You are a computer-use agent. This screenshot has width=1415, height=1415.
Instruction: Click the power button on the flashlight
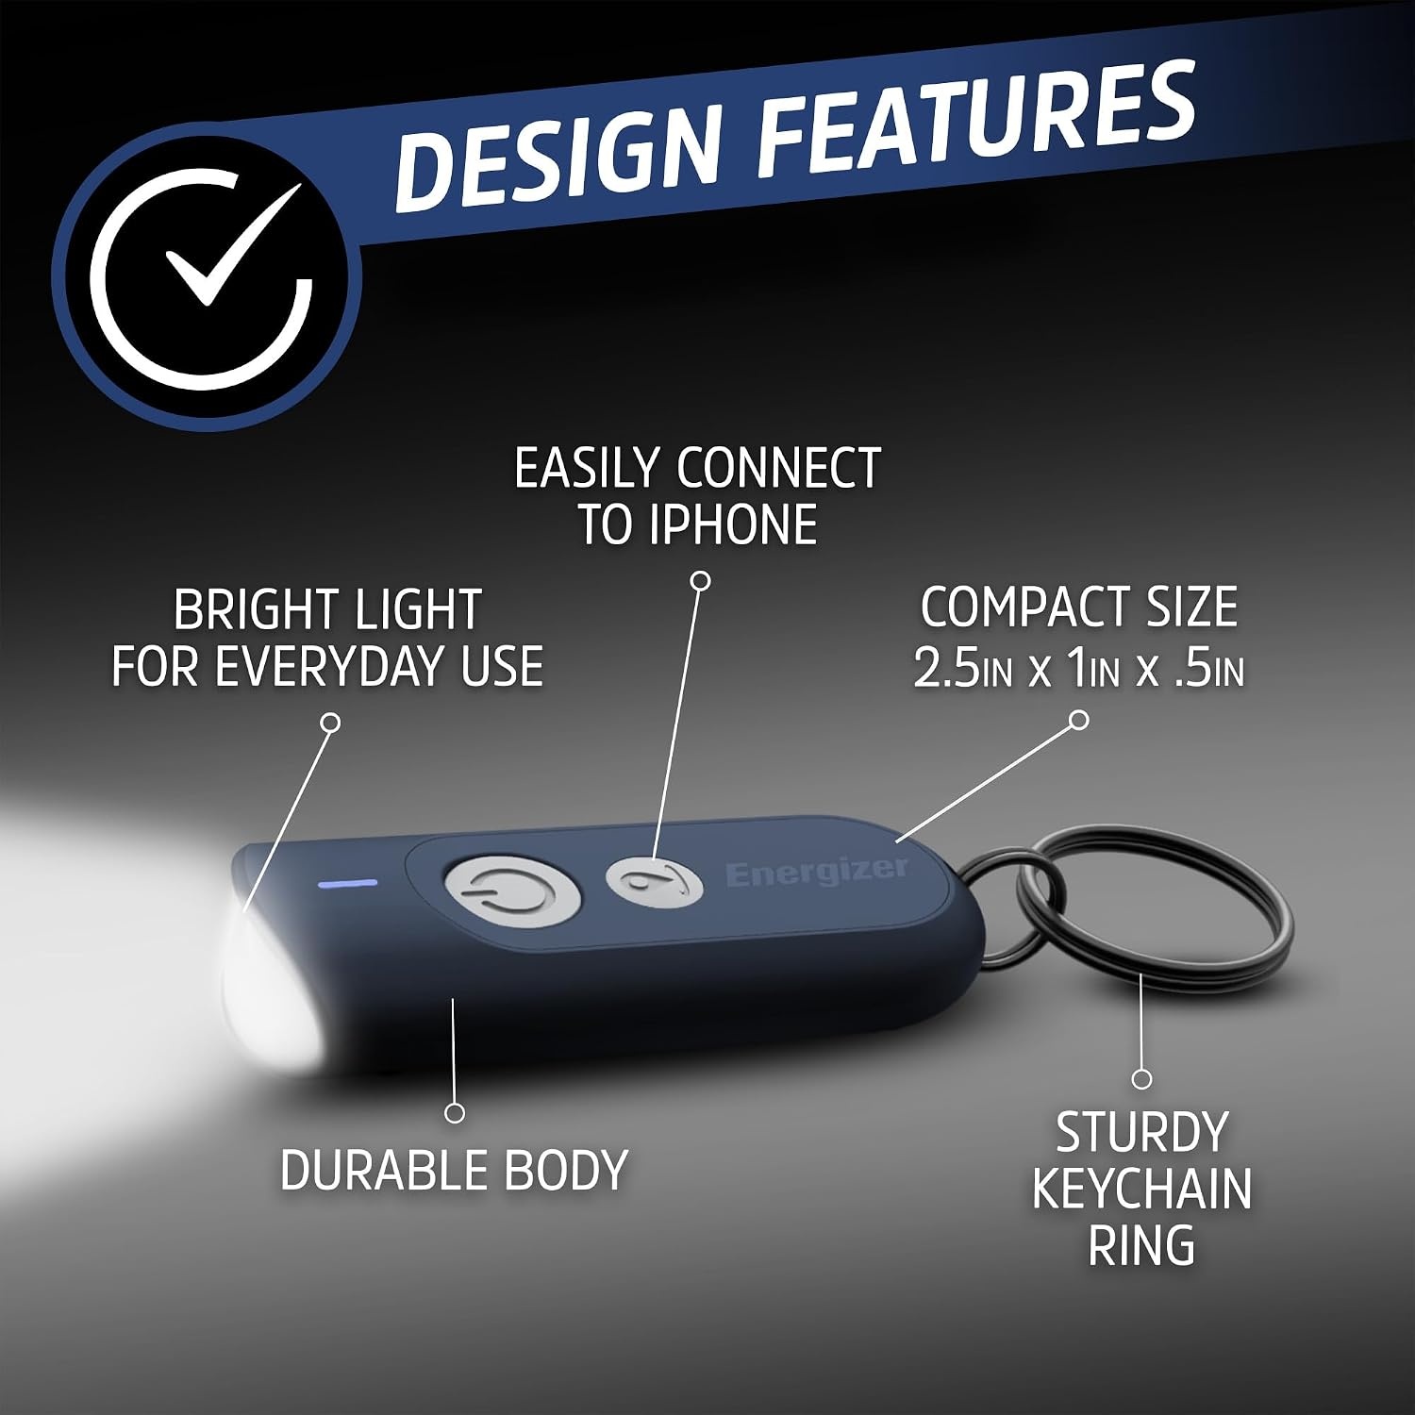tap(511, 891)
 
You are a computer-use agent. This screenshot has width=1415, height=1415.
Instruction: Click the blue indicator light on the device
tap(349, 884)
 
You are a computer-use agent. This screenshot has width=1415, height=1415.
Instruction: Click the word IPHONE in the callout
tap(732, 524)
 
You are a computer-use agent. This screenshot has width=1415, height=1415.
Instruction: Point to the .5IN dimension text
tap(1209, 666)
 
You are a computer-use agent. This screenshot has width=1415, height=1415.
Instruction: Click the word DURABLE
tap(383, 1170)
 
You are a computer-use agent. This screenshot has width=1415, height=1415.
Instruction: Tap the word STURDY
tap(1141, 1132)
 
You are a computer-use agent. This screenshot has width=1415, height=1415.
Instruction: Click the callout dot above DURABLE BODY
tap(455, 1113)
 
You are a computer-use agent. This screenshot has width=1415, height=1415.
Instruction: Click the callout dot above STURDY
tap(1141, 1078)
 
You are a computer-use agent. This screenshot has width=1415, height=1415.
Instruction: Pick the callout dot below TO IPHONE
tap(700, 580)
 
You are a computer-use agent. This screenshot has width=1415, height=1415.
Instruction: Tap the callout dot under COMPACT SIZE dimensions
tap(1080, 720)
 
